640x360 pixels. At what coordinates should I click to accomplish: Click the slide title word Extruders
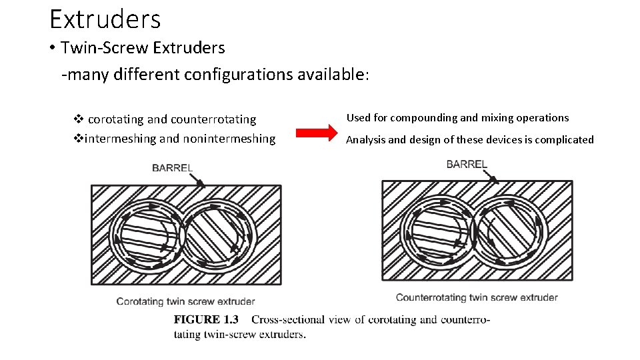pyautogui.click(x=105, y=19)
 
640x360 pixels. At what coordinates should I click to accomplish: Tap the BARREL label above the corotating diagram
pyautogui.click(x=173, y=167)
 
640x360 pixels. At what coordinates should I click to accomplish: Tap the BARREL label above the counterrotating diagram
pyautogui.click(x=467, y=163)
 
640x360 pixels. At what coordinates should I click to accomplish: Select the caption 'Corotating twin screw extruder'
pyautogui.click(x=185, y=301)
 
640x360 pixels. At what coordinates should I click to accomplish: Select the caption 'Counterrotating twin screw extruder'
pyautogui.click(x=477, y=297)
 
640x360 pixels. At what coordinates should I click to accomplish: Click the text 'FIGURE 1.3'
pyautogui.click(x=206, y=319)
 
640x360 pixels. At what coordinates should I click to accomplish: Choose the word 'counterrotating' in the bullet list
pyautogui.click(x=213, y=119)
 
